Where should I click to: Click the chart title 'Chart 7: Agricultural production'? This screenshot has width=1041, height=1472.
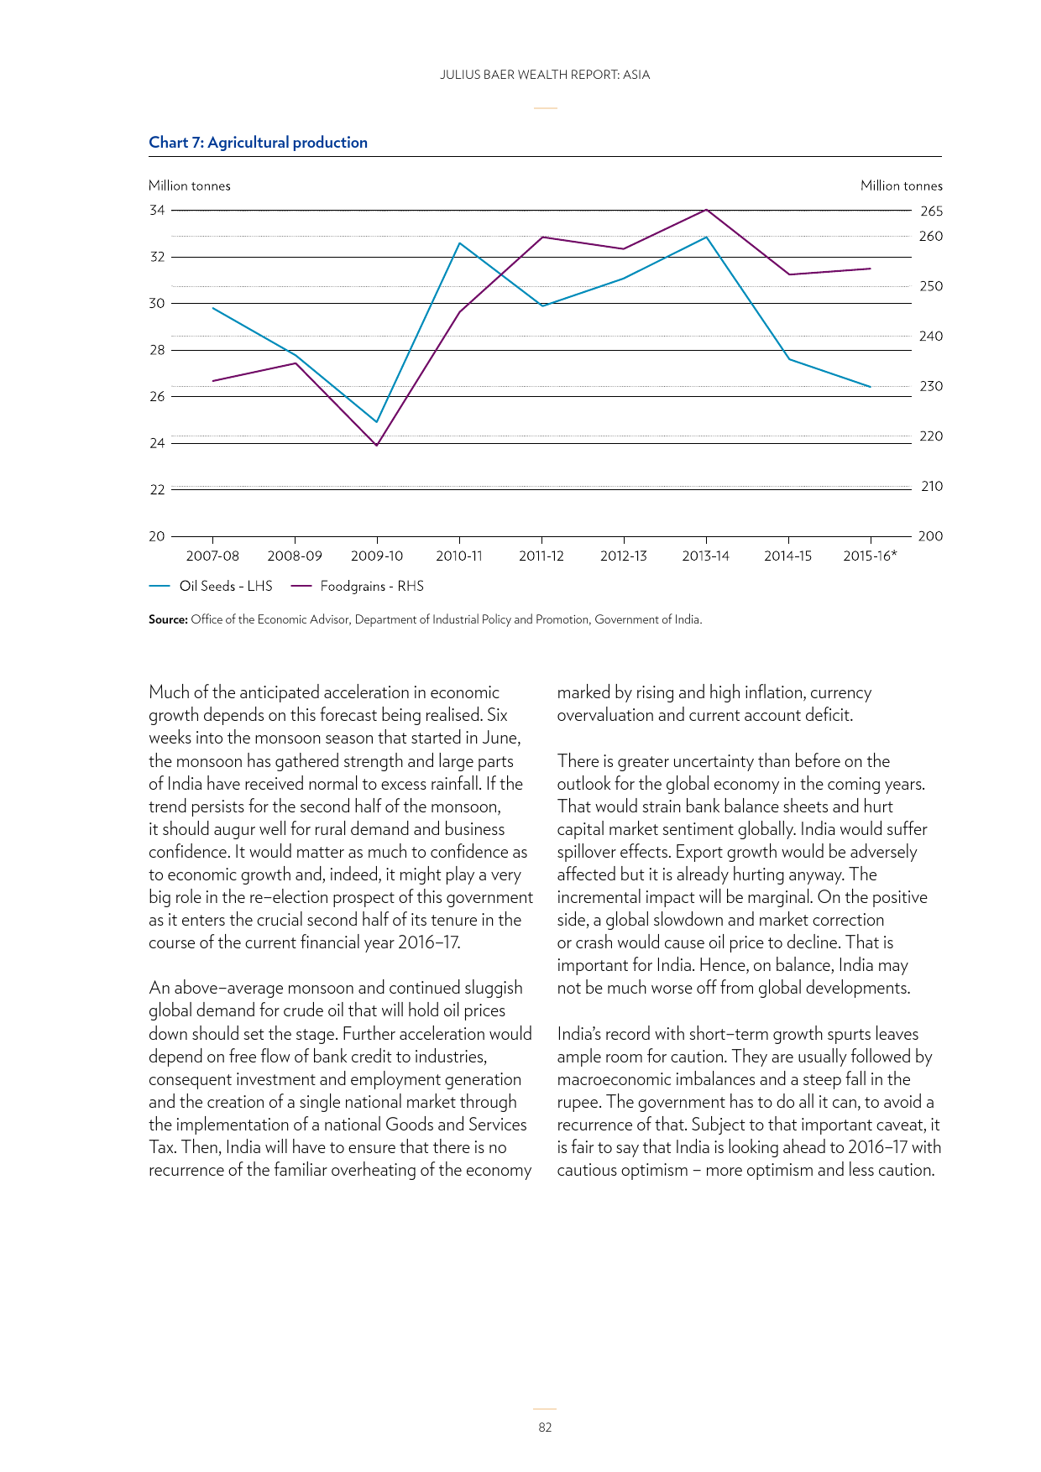pos(258,143)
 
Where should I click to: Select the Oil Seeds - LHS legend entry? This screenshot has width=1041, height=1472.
pos(211,586)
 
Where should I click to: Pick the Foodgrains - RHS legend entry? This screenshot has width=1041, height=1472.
pos(358,586)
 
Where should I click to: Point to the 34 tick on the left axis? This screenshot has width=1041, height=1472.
pos(157,210)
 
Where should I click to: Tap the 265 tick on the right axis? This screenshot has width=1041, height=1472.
pos(931,211)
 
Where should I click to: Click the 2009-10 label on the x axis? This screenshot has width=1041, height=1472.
pos(377,556)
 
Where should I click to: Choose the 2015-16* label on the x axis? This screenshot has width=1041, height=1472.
pos(870,556)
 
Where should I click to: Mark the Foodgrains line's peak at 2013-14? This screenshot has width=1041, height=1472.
pos(706,209)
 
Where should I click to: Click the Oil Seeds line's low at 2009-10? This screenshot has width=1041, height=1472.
pos(376,421)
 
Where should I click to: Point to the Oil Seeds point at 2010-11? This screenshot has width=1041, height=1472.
pos(459,243)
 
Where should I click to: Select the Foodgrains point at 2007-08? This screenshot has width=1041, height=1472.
pos(213,381)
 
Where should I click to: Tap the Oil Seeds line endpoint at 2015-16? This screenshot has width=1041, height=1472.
pos(870,387)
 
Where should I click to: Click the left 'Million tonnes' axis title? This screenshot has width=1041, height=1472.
pos(190,185)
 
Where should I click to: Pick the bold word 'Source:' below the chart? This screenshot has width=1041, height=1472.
pos(168,619)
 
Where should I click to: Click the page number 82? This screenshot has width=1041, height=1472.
pos(545,1428)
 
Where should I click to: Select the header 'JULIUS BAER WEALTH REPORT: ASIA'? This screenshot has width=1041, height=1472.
pos(545,75)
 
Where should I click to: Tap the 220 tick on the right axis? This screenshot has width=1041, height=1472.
pos(931,436)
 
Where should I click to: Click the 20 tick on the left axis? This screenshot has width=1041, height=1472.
pos(157,536)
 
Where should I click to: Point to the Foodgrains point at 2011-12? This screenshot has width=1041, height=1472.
pos(542,237)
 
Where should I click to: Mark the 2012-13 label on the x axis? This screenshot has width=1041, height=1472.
pos(624,556)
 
